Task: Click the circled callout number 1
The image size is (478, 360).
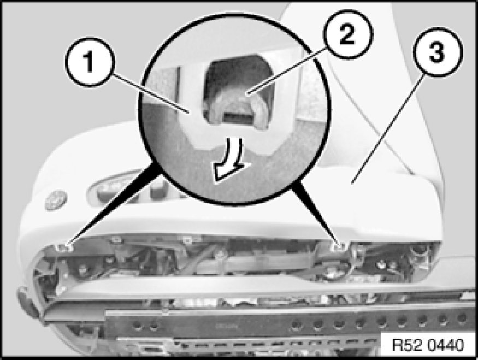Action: [89, 62]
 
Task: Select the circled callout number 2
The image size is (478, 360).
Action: [348, 34]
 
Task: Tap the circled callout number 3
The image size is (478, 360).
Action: [438, 52]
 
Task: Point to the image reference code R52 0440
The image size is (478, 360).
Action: [428, 345]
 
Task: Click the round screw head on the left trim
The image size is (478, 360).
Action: [56, 200]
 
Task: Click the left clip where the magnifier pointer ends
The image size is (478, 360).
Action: [65, 248]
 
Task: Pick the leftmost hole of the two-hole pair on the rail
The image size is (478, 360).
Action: [138, 326]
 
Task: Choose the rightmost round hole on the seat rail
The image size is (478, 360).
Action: [463, 317]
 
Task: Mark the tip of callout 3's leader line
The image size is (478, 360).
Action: [352, 184]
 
